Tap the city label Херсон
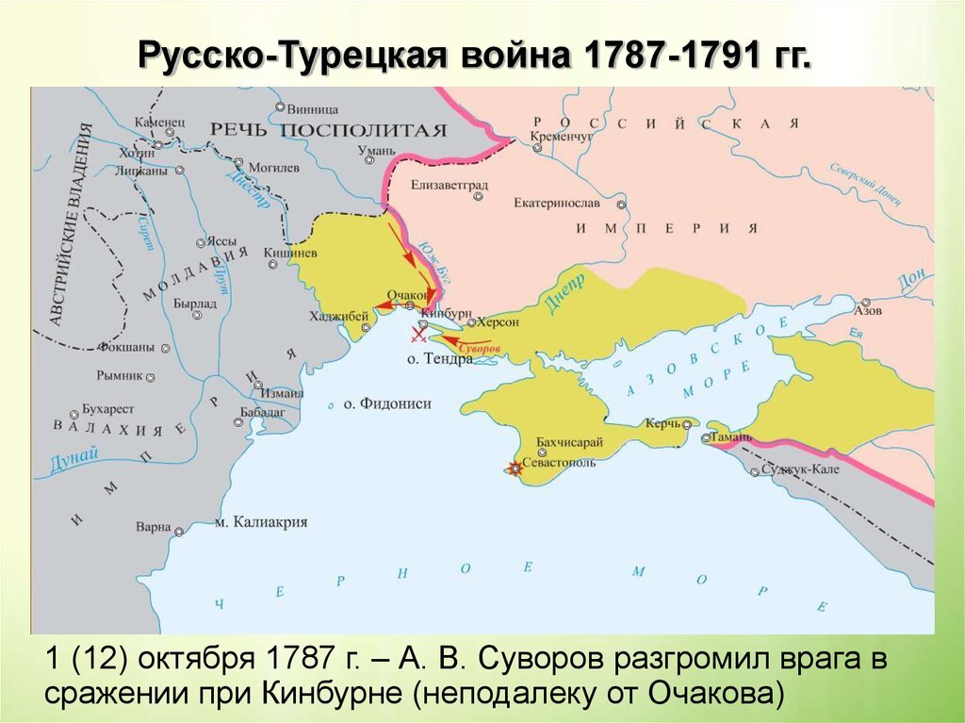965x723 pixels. (499, 321)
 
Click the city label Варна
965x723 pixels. (153, 527)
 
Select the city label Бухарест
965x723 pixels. (108, 410)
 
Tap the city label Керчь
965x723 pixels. (662, 424)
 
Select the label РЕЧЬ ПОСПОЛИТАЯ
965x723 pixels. (327, 129)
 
